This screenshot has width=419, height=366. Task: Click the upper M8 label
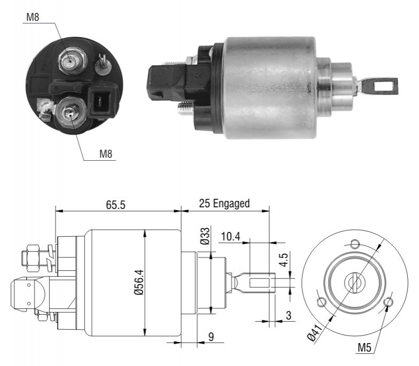[33, 17]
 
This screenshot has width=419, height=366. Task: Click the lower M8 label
[106, 154]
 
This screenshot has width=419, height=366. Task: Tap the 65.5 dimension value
[115, 205]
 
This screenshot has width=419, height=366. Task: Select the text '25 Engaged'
[224, 204]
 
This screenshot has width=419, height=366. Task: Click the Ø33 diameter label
[205, 236]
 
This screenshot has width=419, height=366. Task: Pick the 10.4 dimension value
[230, 236]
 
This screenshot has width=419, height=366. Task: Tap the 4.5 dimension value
[284, 260]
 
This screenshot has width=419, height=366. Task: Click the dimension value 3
[289, 315]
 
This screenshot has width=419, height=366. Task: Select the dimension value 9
[211, 337]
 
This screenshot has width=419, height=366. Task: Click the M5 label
[364, 347]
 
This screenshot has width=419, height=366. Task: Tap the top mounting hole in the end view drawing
[355, 244]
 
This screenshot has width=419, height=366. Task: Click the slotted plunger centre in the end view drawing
[354, 282]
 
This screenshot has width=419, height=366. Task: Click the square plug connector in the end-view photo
[103, 101]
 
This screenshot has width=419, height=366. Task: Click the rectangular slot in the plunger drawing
[260, 283]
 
